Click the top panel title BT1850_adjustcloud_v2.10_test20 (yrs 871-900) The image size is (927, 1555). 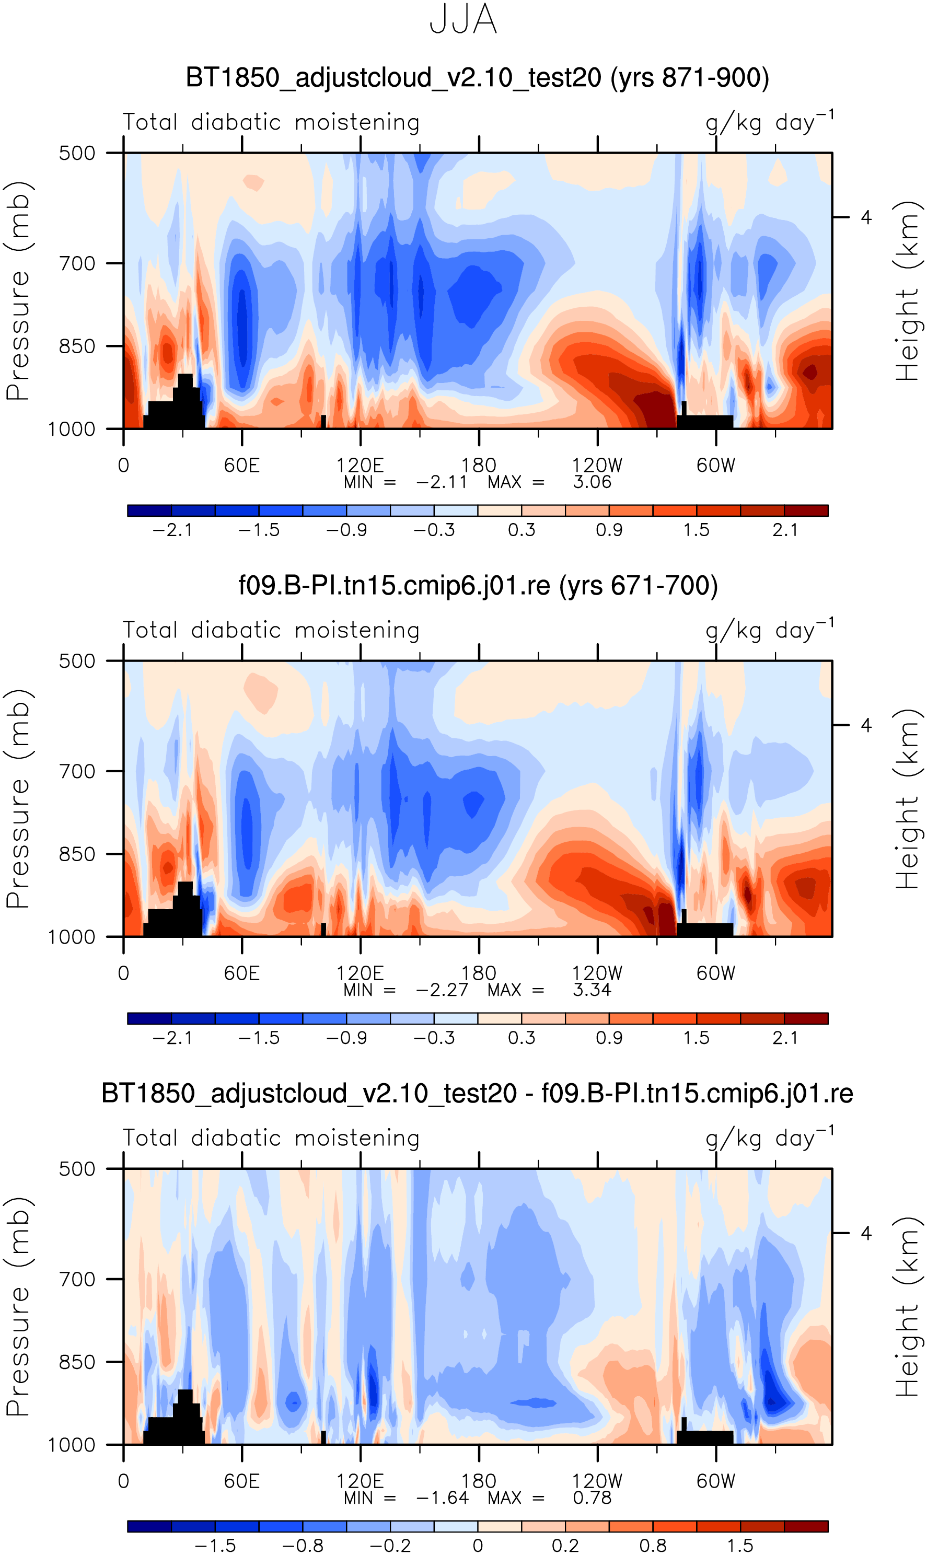click(477, 78)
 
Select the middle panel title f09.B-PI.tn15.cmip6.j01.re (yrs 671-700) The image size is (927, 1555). click(478, 586)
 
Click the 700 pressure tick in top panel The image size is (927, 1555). click(77, 263)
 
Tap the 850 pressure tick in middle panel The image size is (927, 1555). click(77, 854)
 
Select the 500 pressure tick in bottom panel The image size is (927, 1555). click(77, 1168)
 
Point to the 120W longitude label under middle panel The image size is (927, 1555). click(597, 973)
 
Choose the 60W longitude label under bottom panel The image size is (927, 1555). click(716, 1481)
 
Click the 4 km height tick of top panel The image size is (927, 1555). click(866, 217)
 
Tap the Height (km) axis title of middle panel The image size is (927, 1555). click(907, 799)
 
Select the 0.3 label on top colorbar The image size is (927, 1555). click(521, 530)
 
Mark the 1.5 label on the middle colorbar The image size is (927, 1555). click(696, 1038)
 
